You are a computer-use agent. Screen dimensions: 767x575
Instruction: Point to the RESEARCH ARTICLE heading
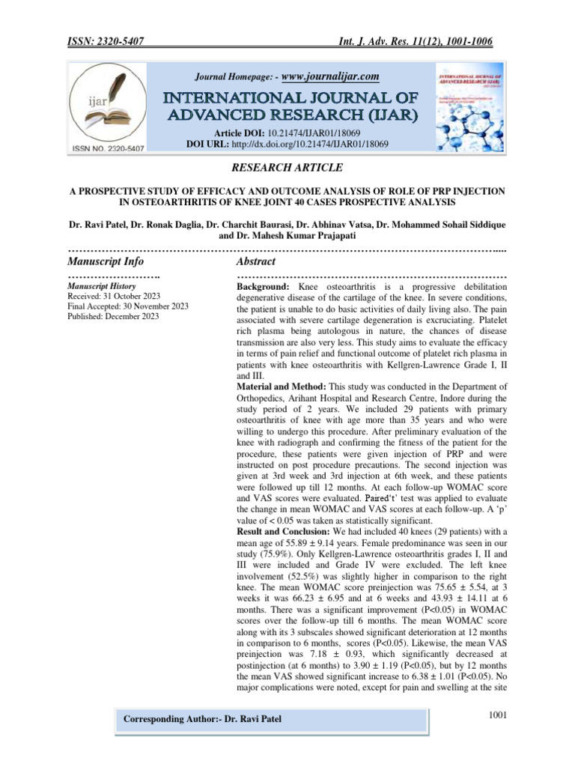[287, 167]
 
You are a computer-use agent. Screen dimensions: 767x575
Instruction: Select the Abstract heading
[256, 261]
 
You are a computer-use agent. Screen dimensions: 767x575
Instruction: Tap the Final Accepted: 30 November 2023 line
[128, 306]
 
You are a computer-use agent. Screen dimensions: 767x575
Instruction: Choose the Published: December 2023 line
[113, 317]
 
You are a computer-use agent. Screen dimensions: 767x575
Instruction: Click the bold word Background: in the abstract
[265, 287]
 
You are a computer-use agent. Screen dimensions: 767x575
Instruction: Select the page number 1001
[498, 715]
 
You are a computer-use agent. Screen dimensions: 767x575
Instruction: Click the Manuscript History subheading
[102, 286]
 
